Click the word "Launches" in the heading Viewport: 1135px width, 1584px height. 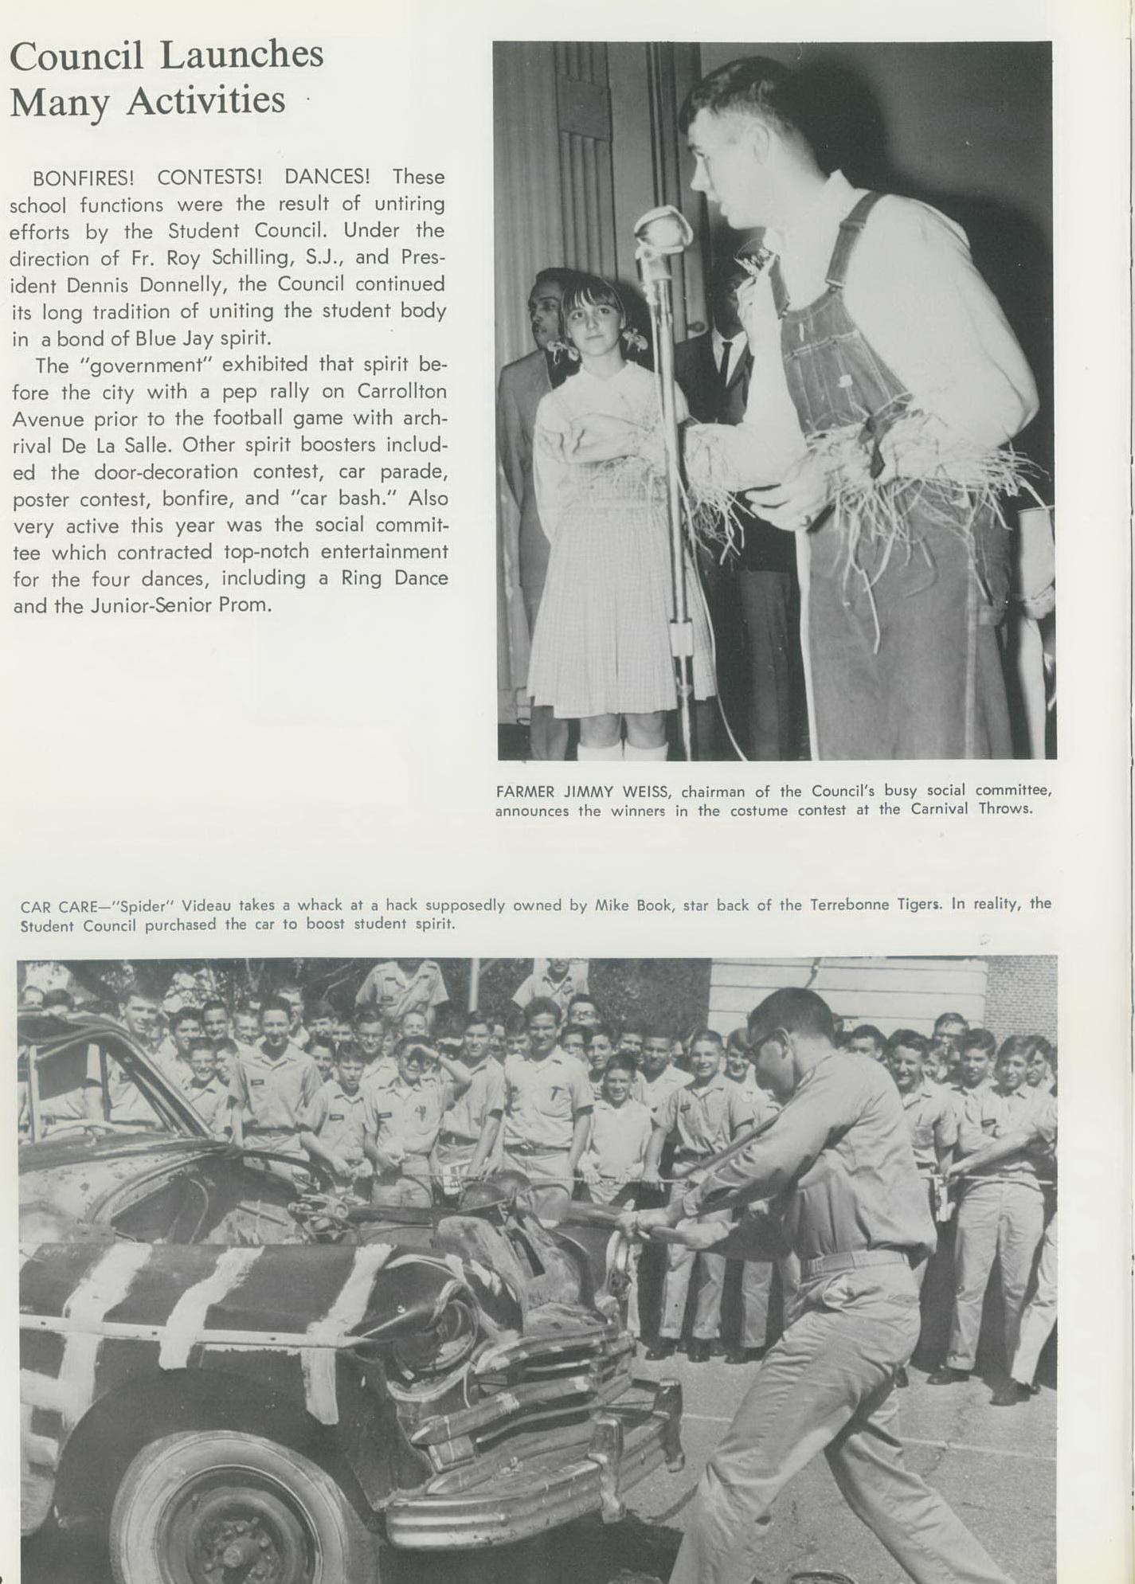tap(241, 56)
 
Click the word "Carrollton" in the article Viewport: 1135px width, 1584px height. tap(401, 391)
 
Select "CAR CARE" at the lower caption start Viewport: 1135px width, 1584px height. tap(58, 906)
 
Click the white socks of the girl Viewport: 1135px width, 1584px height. tap(623, 750)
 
